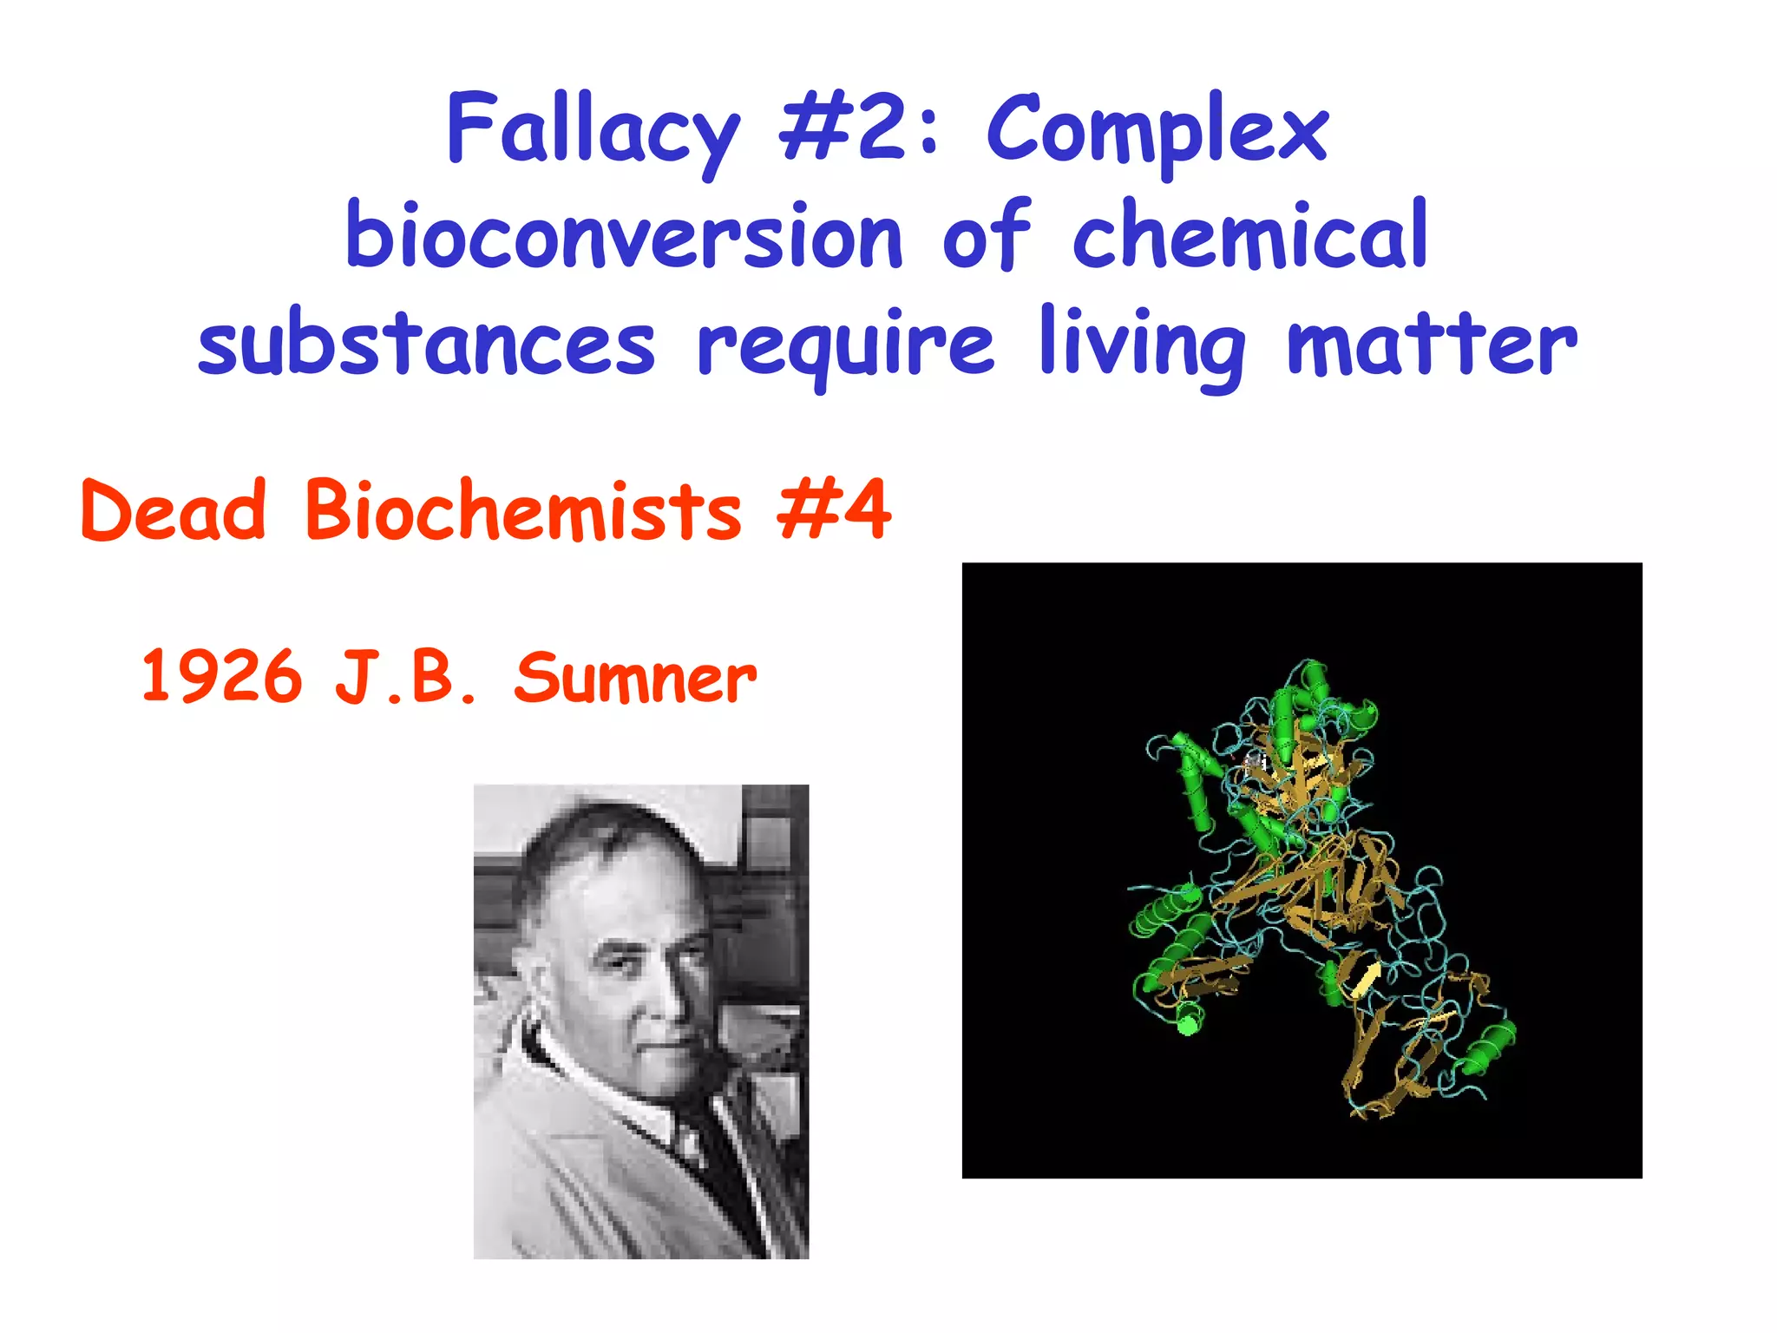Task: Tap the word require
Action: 845,347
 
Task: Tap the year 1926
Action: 222,677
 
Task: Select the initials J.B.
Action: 405,677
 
